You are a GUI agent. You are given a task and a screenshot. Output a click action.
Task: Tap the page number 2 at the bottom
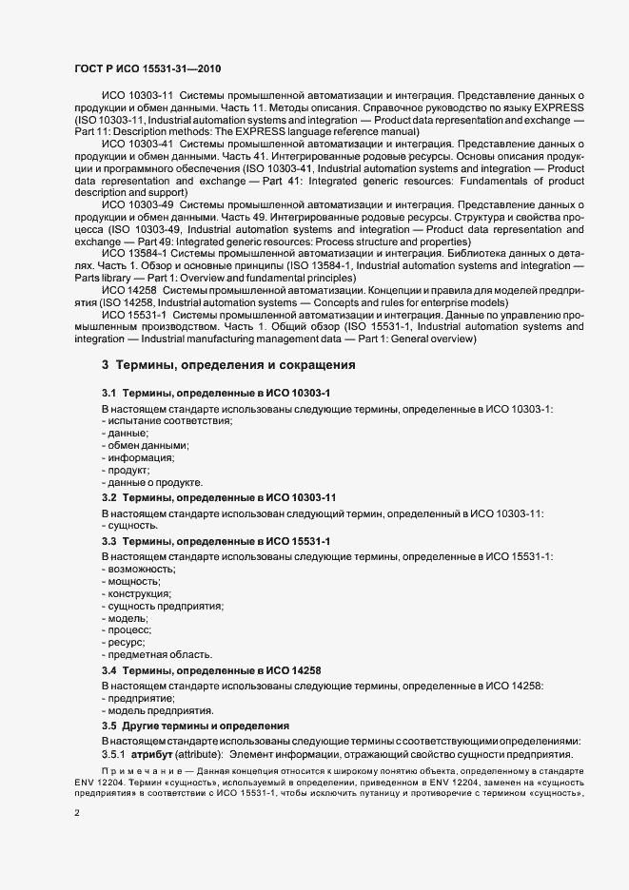click(x=77, y=813)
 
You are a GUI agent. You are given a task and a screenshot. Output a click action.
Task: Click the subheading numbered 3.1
click(x=216, y=393)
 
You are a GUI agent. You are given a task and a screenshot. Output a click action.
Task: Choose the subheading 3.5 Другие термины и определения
click(x=195, y=725)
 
